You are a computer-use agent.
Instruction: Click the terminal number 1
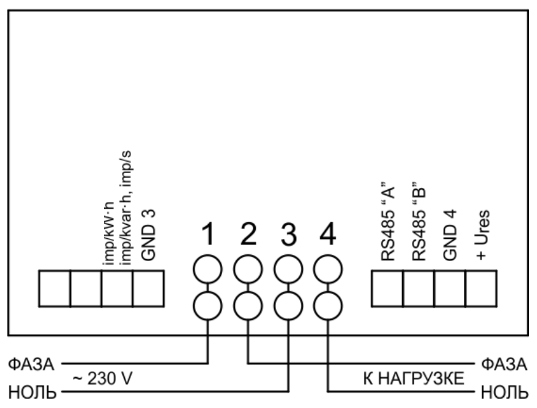[208, 235]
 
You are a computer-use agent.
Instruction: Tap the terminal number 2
[248, 235]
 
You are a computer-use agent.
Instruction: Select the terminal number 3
[287, 235]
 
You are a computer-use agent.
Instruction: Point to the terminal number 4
[328, 235]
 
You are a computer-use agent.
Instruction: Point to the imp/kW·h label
[108, 238]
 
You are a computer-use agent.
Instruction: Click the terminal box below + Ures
[481, 288]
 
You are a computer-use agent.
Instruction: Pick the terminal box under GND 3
[148, 288]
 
